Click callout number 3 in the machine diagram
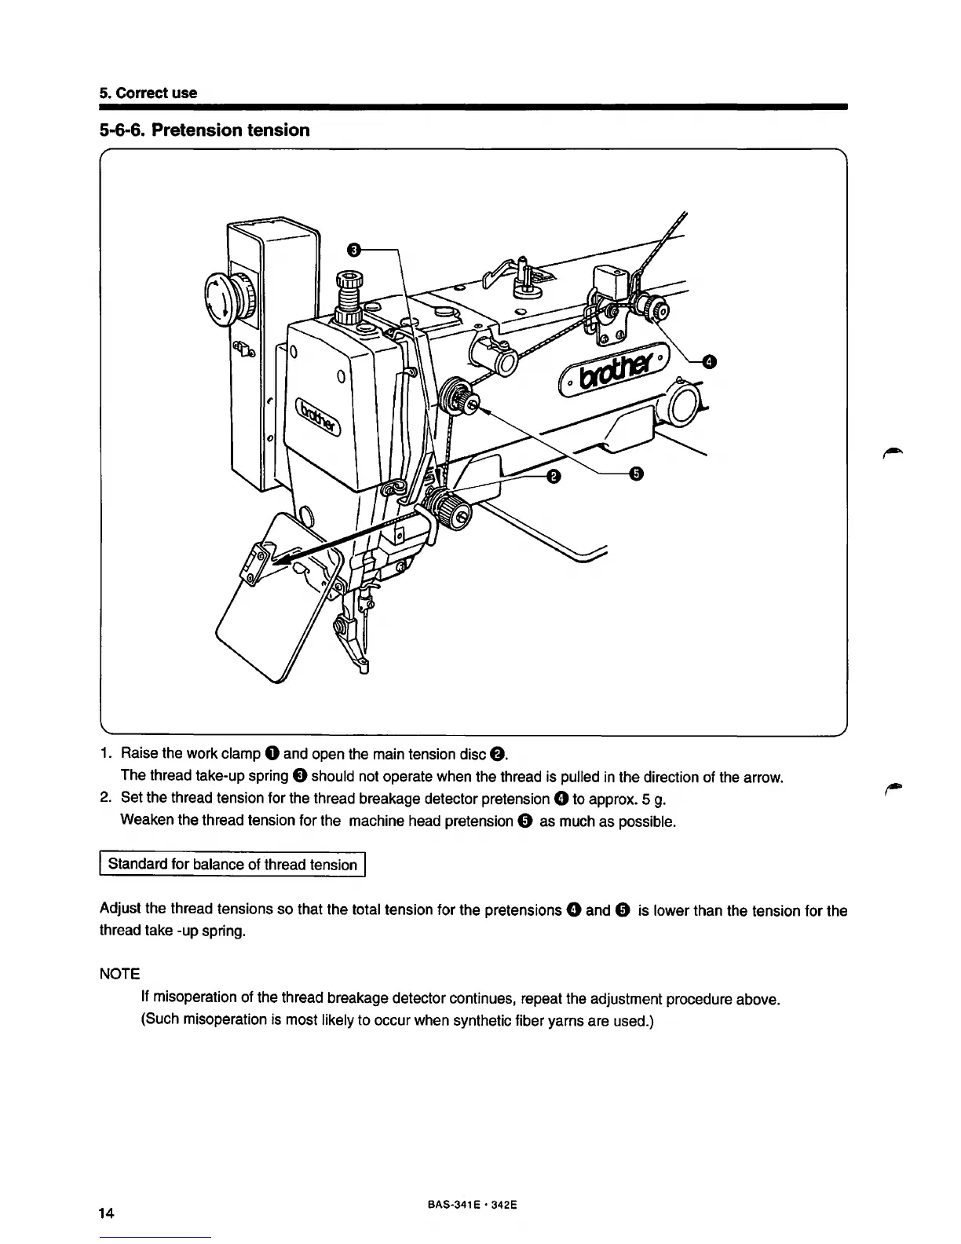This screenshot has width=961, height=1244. point(353,250)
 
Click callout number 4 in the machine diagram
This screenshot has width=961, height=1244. point(709,361)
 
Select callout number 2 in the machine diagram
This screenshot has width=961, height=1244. point(554,476)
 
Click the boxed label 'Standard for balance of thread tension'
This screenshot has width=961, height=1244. point(232,865)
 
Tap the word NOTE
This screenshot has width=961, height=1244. point(119,974)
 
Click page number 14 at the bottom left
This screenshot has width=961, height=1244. point(108,1214)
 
